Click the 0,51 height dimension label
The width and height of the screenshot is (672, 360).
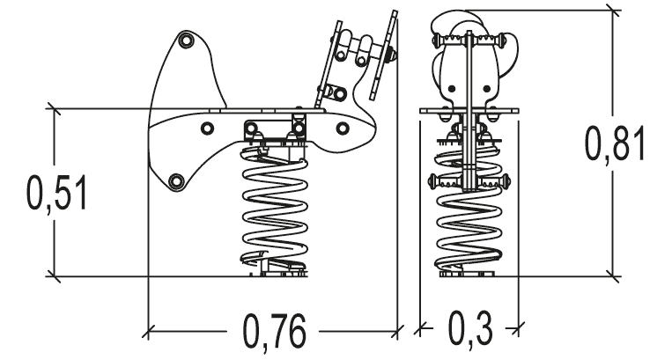(57, 193)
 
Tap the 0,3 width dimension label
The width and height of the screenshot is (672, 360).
(470, 328)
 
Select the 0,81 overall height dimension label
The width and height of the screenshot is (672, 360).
(616, 143)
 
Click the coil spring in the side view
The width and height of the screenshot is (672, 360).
(275, 209)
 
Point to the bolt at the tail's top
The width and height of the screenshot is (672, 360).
(187, 40)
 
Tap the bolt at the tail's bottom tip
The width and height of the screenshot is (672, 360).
(176, 181)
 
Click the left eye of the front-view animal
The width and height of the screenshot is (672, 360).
(451, 89)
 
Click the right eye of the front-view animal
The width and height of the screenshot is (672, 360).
(487, 89)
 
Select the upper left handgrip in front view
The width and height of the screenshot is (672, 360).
(449, 40)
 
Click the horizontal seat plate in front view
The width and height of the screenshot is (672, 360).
(469, 111)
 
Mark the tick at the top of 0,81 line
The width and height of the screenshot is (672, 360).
(613, 11)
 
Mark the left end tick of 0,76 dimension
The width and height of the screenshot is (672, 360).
(148, 331)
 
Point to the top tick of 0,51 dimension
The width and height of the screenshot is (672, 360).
(54, 109)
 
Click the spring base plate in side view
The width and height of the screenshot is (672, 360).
(283, 273)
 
